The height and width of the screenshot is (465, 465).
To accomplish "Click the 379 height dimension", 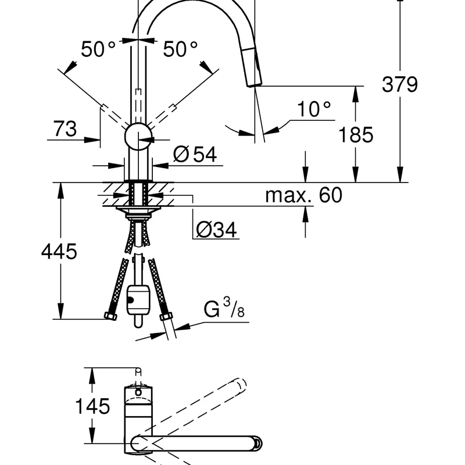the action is point(399,84).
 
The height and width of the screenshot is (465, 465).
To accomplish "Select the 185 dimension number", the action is point(356,135).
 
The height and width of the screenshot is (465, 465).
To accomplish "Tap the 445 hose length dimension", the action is point(59,252).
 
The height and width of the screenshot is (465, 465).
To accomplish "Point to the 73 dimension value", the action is point(65,128).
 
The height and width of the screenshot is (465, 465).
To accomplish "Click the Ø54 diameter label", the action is point(195,154).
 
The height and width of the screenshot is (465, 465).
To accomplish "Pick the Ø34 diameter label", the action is point(216,229).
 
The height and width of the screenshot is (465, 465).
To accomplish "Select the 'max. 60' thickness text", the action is point(303,195).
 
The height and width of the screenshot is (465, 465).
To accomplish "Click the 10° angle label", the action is point(313,109).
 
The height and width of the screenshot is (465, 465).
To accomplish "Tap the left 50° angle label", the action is point(98,49).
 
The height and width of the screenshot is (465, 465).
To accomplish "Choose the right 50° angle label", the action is point(180,49).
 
